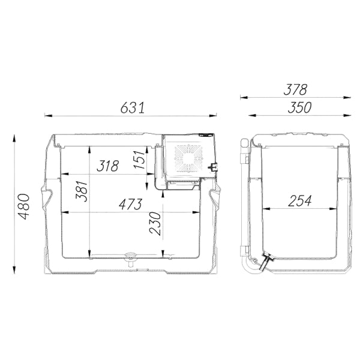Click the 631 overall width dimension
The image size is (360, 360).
133,108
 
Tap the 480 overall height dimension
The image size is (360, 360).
24,206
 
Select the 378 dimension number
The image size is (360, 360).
295,89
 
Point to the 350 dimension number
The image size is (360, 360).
299,107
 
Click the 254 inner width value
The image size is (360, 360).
299,200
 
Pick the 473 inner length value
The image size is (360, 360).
130,204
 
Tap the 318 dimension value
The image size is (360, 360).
107,166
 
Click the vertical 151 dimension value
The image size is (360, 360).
140,160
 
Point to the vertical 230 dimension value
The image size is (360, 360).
155,223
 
